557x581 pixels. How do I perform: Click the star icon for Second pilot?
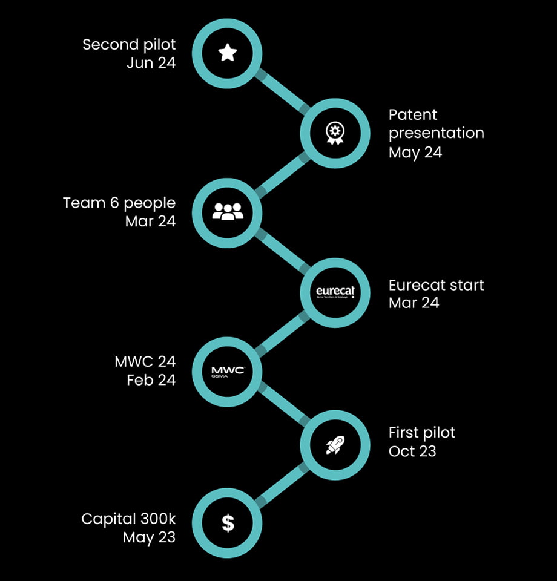(x=227, y=53)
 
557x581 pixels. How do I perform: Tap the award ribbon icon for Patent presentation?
(x=334, y=133)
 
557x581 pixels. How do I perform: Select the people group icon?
(x=227, y=212)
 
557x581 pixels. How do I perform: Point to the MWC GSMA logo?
(x=227, y=372)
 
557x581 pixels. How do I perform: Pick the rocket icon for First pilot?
(x=334, y=445)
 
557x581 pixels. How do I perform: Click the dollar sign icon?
(x=227, y=522)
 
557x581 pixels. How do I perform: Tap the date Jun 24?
(x=151, y=63)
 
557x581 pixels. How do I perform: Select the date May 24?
(x=415, y=152)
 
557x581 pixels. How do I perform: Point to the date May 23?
(x=149, y=537)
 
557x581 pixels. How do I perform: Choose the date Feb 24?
(x=151, y=381)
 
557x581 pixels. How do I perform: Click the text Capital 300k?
(x=128, y=519)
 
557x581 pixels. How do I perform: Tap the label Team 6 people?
(x=119, y=203)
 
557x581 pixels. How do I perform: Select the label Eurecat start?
(x=436, y=284)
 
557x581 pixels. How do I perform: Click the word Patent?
(x=412, y=114)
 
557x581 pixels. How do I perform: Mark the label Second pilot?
(x=129, y=44)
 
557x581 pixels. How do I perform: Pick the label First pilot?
(x=421, y=433)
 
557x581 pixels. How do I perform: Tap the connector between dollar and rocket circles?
(x=281, y=484)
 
